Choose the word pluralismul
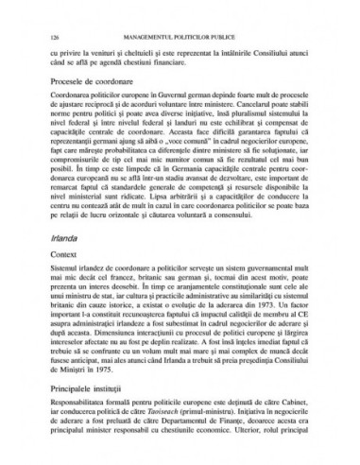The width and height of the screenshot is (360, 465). tap(242, 129)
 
